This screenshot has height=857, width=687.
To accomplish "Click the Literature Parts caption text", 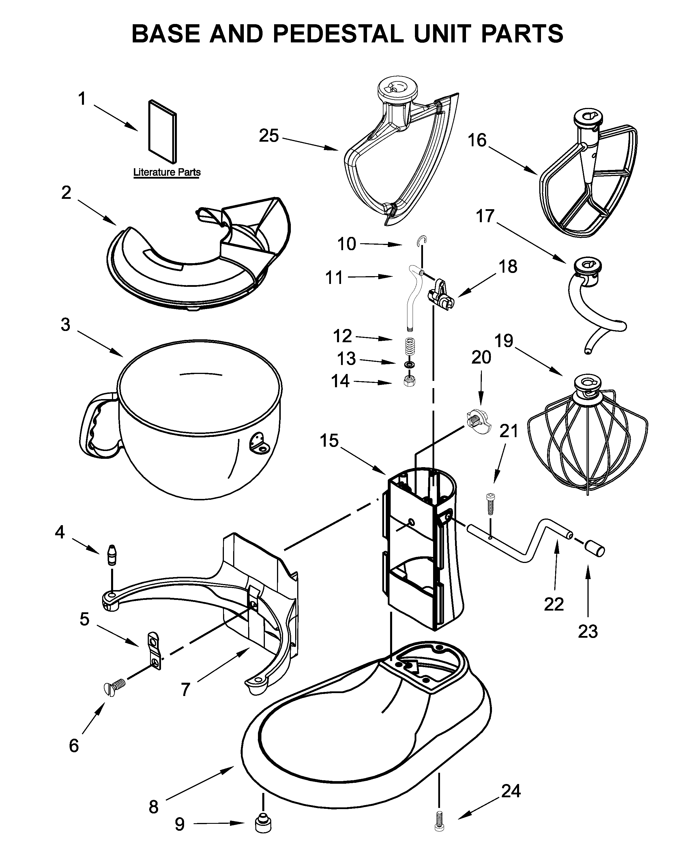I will coord(166,172).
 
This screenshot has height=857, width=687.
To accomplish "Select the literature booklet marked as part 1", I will coord(162,132).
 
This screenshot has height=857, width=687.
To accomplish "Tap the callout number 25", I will coord(269,136).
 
